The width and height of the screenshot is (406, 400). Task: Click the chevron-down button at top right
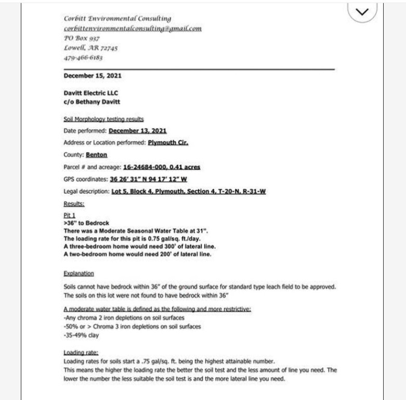[x=370, y=12]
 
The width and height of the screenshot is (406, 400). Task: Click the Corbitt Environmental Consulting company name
[x=117, y=19]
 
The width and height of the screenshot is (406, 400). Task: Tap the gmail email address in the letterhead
[x=132, y=29]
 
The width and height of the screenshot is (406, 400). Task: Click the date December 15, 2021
[x=93, y=76]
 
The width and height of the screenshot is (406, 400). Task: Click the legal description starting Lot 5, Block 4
[x=189, y=191]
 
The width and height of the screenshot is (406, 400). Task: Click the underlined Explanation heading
[x=78, y=273]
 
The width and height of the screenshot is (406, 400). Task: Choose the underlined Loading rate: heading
[x=77, y=353]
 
